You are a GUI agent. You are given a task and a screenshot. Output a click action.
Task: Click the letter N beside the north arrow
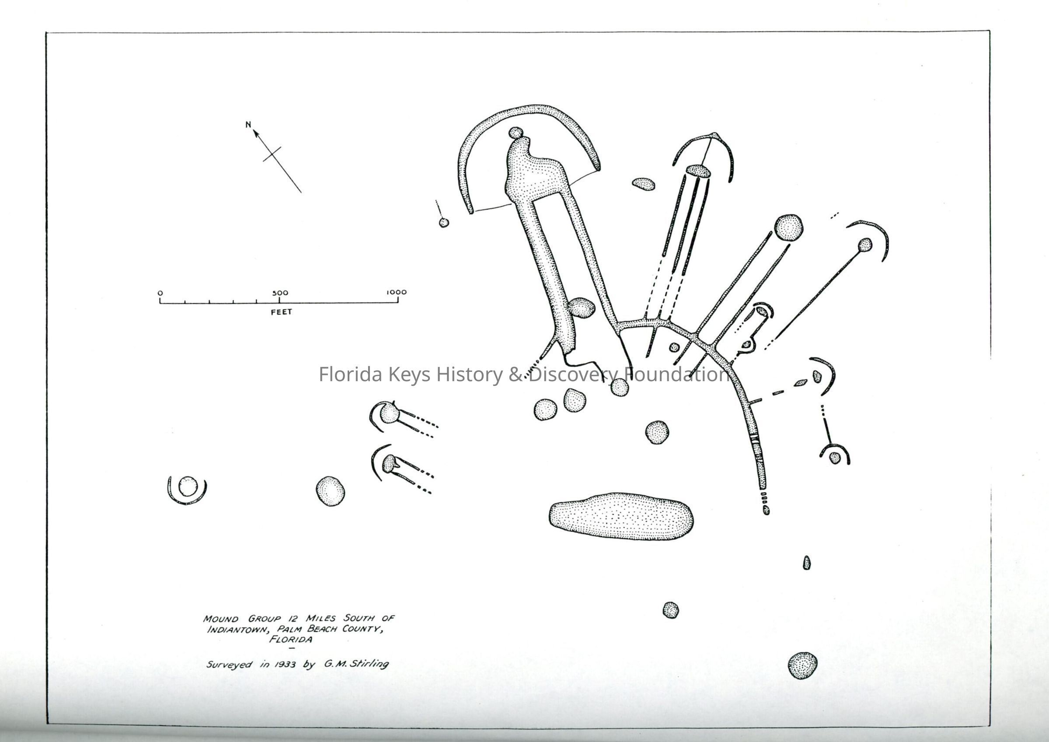248,124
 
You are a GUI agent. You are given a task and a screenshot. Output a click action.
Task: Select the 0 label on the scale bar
160,293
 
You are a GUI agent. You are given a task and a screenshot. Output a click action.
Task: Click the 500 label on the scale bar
280,293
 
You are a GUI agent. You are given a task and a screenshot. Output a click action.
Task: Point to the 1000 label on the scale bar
397,292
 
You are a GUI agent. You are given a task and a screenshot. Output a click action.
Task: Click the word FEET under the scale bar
282,312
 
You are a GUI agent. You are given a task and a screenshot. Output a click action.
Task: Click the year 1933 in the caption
285,664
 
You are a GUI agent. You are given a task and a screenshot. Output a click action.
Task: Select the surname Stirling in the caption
369,663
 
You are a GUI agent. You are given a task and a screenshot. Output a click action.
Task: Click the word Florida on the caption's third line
291,640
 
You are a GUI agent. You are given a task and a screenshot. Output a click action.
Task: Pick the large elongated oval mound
621,516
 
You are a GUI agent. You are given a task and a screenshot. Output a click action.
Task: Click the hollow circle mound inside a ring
188,486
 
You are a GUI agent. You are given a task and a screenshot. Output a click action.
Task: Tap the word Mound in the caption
221,619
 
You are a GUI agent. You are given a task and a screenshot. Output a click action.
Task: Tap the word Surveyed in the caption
229,664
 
